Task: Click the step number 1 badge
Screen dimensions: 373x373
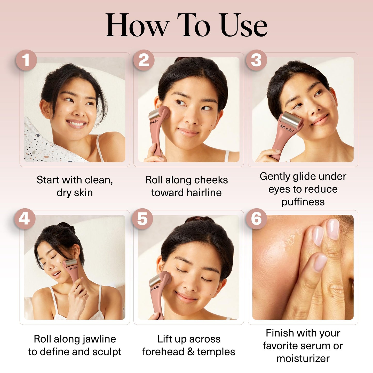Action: point(26,60)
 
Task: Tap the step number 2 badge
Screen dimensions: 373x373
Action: point(144,60)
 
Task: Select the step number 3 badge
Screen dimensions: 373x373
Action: point(256,60)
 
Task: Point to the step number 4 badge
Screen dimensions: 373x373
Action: point(25,219)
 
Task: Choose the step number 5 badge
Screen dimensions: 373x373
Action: point(142,219)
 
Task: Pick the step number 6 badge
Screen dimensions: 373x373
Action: point(256,219)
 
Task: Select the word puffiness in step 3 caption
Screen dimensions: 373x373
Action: point(303,202)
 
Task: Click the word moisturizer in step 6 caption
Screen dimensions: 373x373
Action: point(303,358)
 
